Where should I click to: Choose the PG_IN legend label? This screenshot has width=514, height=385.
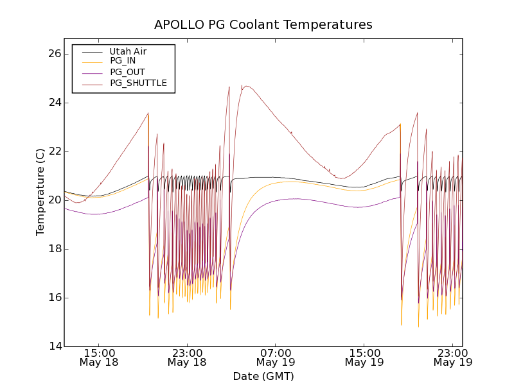tap(123, 61)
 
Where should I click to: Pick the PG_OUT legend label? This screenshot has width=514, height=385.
tap(127, 72)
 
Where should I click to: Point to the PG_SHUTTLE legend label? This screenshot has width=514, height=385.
tap(138, 83)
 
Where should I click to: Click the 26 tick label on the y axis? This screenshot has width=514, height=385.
tap(54, 54)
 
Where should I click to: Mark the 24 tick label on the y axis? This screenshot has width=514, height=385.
tap(54, 103)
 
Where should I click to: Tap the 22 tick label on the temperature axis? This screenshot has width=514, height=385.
tap(54, 151)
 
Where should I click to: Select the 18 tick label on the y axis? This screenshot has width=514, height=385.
tap(54, 249)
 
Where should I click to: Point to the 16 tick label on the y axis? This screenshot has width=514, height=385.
tap(54, 298)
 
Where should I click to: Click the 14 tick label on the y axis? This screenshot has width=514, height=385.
tap(54, 346)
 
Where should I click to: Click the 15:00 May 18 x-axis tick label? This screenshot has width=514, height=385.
tap(99, 358)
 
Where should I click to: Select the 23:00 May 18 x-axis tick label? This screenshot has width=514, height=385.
tap(188, 358)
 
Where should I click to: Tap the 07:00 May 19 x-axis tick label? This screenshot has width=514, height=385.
tap(276, 358)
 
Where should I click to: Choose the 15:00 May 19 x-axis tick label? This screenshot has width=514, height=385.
tap(364, 358)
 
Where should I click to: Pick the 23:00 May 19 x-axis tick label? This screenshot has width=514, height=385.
tap(453, 358)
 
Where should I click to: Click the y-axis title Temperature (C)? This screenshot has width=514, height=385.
tap(40, 192)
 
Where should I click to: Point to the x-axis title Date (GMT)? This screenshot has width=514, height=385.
tap(263, 376)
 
